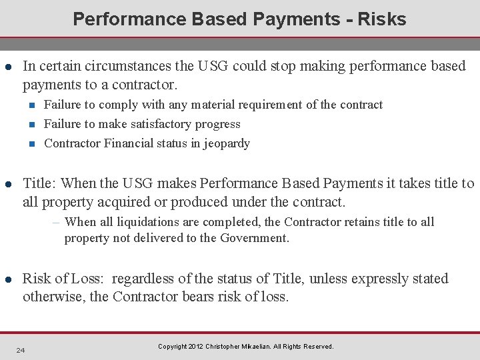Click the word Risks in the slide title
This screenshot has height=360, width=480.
pyautogui.click(x=381, y=19)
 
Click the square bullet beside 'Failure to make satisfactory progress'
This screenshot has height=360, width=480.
pyautogui.click(x=32, y=124)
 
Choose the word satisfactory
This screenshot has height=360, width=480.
pyautogui.click(x=164, y=124)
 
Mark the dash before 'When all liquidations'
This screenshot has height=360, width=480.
pyautogui.click(x=57, y=222)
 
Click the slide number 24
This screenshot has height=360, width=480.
pyautogui.click(x=21, y=351)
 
